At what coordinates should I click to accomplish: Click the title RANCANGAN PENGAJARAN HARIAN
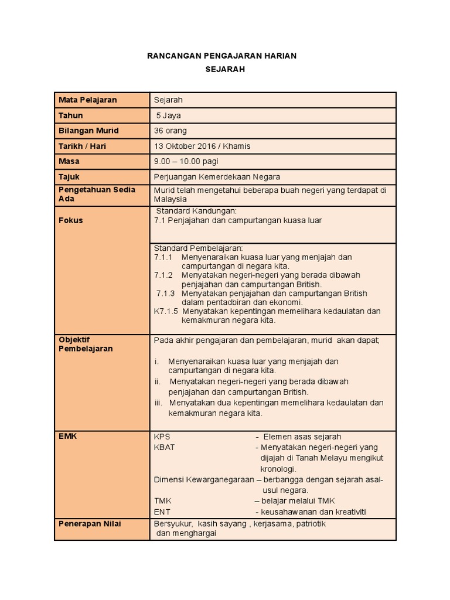tap(221, 56)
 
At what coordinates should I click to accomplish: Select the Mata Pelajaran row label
tap(87, 100)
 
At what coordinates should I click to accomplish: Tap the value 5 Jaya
tap(169, 115)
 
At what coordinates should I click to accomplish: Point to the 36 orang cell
tap(171, 131)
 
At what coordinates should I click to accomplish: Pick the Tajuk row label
tap(69, 176)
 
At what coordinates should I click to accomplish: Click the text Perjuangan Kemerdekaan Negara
tap(217, 176)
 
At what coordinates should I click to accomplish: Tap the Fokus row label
tap(70, 220)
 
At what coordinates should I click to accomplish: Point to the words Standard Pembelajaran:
tap(198, 248)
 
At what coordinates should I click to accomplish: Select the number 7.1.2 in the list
tap(163, 275)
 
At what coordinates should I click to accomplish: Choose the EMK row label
tap(68, 436)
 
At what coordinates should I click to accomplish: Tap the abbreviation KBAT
tap(164, 447)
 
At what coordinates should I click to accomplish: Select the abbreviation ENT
tap(162, 512)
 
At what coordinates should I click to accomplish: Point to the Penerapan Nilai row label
tap(90, 524)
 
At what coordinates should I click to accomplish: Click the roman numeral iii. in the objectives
tap(158, 403)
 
